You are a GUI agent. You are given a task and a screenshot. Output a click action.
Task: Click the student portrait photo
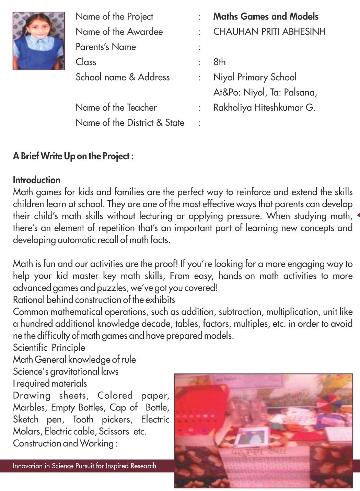click(39, 41)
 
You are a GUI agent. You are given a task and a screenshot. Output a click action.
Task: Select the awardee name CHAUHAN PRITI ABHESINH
click(269, 32)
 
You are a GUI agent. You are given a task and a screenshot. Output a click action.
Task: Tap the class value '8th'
click(219, 62)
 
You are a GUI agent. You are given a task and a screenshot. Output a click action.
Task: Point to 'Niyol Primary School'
click(255, 77)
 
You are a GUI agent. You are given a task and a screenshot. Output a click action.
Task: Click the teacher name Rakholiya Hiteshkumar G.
click(264, 108)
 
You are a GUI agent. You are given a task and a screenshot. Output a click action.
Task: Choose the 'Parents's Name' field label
click(106, 47)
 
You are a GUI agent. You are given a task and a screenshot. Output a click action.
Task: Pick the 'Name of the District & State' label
click(130, 123)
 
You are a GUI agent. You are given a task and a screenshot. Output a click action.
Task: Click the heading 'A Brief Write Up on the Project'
click(73, 156)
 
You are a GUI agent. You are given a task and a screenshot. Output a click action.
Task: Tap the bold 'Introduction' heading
click(36, 180)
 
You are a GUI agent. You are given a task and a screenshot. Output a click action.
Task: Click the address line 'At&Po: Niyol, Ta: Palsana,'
click(265, 93)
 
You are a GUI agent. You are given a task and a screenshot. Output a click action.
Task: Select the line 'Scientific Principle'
click(49, 348)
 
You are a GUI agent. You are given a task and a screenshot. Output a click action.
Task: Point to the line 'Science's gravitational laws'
click(66, 372)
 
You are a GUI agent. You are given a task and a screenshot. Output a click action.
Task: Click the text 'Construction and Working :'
click(65, 443)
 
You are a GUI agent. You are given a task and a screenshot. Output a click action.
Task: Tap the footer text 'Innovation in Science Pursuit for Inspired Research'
click(84, 466)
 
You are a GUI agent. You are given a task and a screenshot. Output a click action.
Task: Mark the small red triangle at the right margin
click(358, 215)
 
